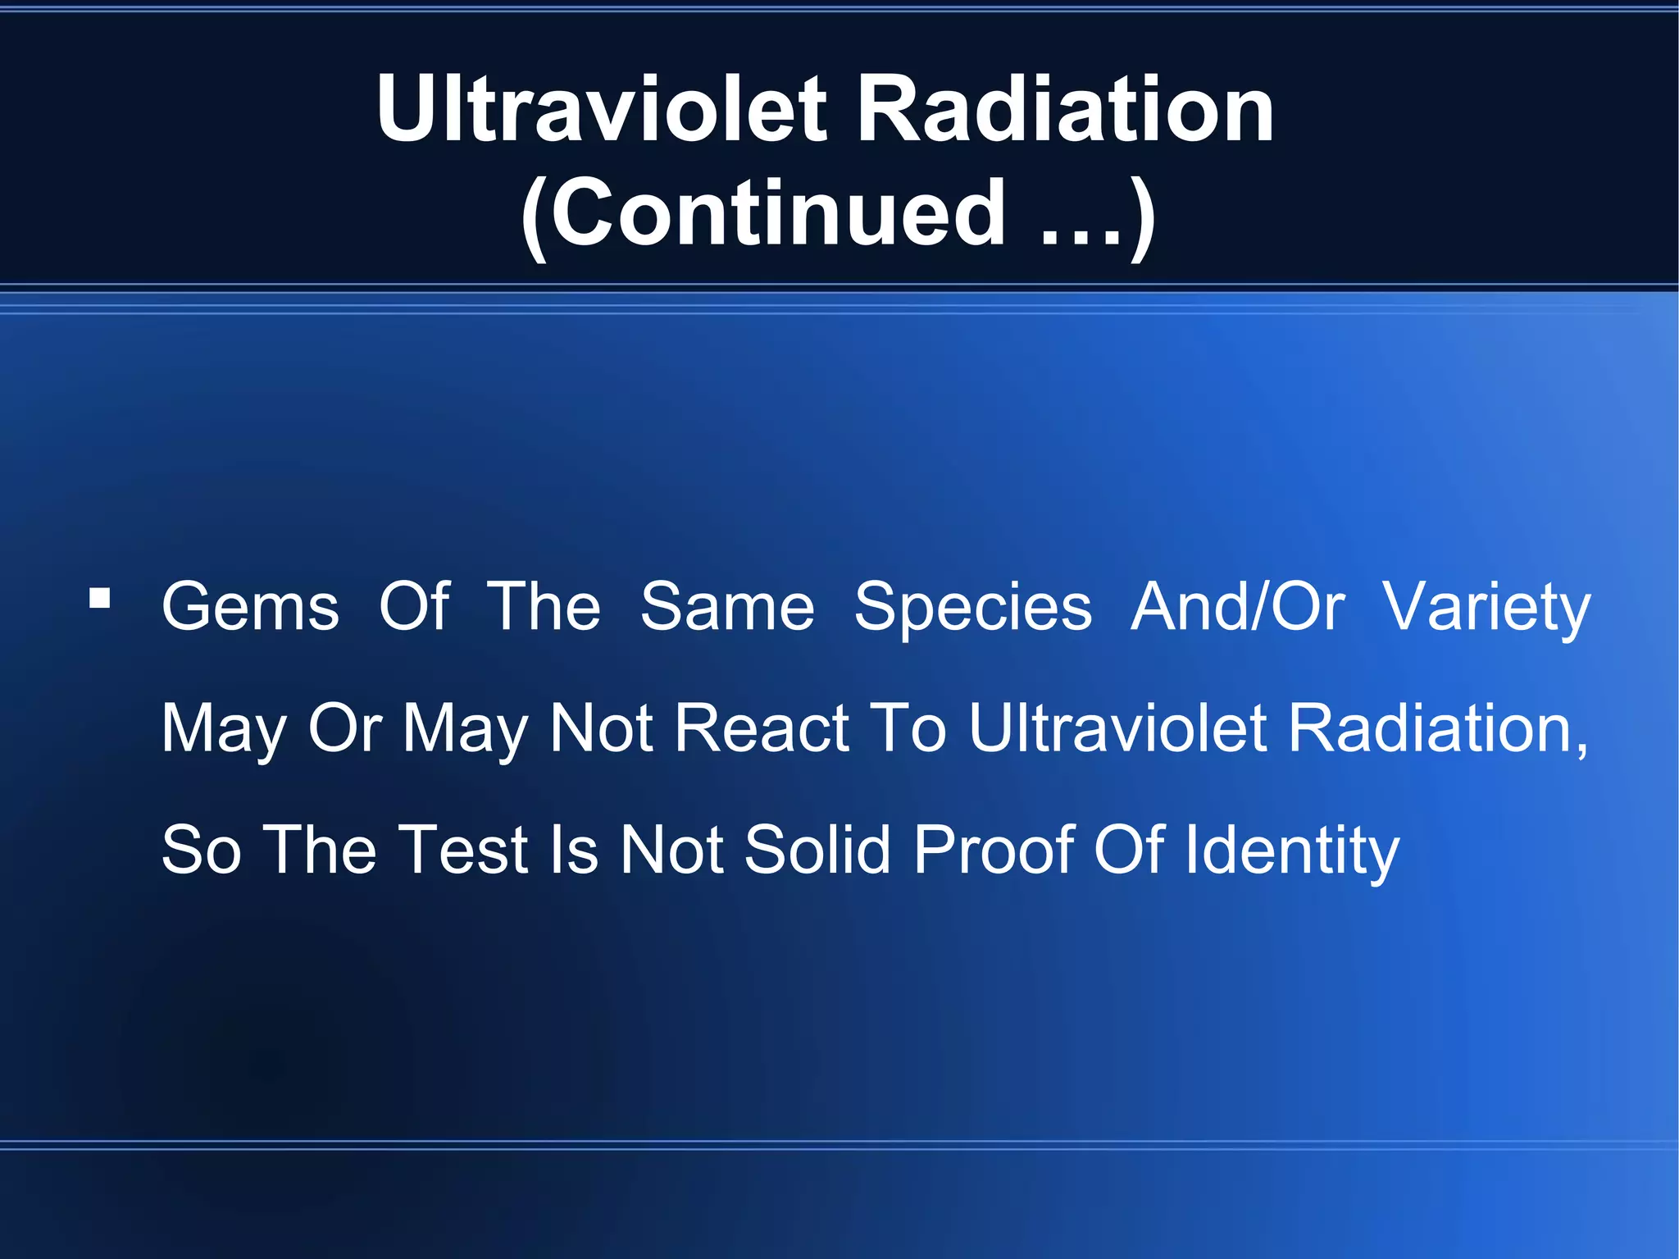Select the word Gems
250,607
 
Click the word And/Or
1237,607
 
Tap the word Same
727,607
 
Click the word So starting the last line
202,849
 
